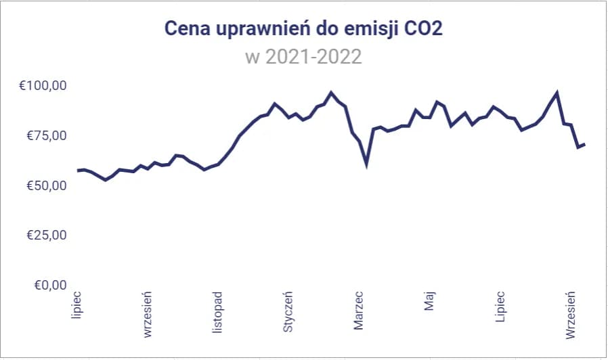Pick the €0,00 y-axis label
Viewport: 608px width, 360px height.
point(47,285)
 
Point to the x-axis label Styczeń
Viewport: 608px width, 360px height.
point(288,312)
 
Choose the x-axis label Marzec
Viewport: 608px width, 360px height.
point(359,311)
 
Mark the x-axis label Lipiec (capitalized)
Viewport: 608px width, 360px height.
point(500,307)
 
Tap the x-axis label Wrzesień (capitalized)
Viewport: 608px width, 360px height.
point(571,315)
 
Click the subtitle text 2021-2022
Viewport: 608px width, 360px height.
point(313,56)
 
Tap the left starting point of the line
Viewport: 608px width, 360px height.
point(77,171)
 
